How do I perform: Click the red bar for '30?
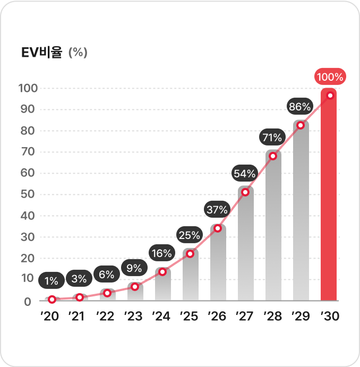329,197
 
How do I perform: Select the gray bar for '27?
246,244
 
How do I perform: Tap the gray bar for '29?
301,212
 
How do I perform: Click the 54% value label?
245,173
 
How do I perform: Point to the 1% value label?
52,279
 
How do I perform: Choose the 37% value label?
217,209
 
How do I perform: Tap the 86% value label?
299,107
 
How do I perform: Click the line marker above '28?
273,156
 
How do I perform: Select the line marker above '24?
162,272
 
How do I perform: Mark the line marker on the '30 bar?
330,96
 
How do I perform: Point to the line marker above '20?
52,300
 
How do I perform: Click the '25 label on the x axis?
189,317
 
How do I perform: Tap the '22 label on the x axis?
106,317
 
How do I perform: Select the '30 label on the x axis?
330,317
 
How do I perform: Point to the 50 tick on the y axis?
28,194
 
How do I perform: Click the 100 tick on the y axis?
27,88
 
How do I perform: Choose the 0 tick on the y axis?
28,302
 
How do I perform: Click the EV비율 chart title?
42,53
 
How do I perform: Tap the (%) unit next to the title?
78,53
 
